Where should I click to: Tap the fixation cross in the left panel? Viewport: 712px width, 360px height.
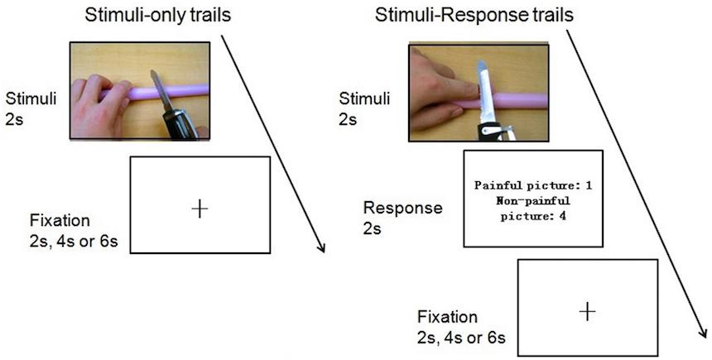click(199, 208)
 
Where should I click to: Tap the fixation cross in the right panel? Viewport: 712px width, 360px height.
click(587, 311)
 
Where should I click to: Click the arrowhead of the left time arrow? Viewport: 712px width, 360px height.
click(321, 248)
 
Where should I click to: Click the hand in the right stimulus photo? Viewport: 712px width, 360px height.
click(439, 87)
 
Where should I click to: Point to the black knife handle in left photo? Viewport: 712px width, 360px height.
click(180, 123)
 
